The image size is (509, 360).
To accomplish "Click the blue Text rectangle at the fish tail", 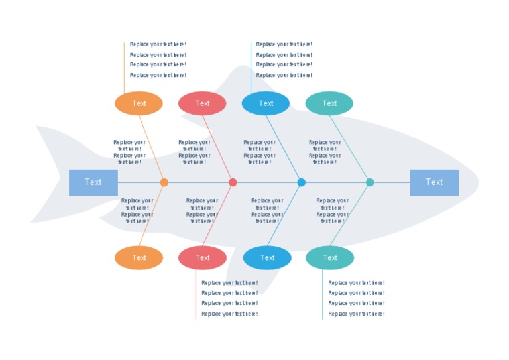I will coord(93,182).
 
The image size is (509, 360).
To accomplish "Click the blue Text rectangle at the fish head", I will coord(434,182).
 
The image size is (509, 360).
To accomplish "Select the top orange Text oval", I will coord(139,103).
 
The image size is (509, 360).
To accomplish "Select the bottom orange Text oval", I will coord(139,257).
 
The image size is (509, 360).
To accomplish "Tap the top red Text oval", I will coord(202,103).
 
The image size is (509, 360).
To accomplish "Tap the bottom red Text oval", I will coord(202,257).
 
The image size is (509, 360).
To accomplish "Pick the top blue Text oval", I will coord(266,103).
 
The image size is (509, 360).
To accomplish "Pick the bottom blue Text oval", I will coord(267,257).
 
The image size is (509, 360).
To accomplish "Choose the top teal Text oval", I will coord(329,103).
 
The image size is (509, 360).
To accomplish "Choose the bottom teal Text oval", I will coord(330,257).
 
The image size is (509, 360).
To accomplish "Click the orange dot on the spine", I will coord(164,182).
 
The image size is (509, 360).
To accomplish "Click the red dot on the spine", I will coord(233,182).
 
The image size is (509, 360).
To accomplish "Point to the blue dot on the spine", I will coord(302,182).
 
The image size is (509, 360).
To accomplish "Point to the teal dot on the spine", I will coord(370,182).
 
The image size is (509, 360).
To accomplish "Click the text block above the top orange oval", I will coord(158,60).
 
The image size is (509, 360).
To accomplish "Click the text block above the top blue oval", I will coord(284,60).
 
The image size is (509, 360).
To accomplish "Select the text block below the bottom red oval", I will coord(230,298).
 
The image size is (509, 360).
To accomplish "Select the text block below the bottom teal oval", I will coord(357,298).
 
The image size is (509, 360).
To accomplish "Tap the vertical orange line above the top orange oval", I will coord(124,66).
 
